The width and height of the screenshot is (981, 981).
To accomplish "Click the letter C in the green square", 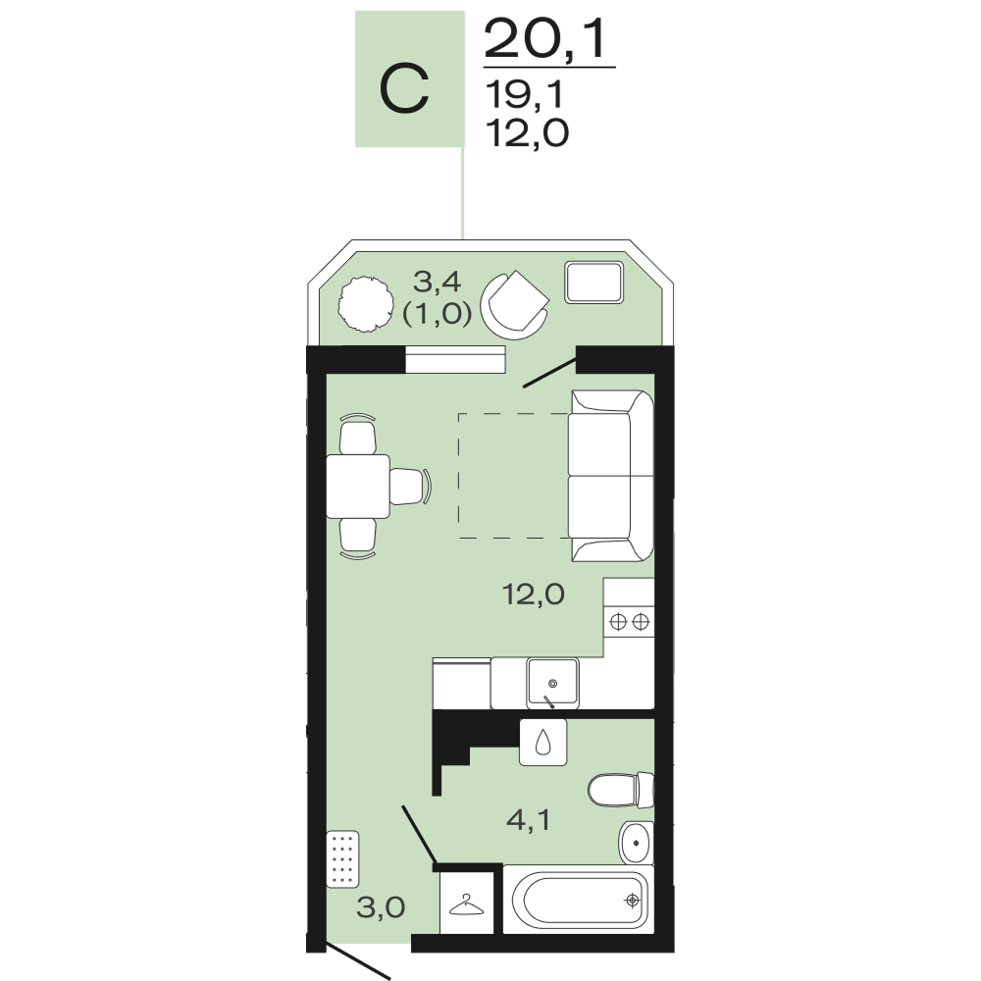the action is point(404,88).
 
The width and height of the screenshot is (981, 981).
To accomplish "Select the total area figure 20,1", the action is point(545,39).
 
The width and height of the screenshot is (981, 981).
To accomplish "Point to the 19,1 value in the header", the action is point(524,95).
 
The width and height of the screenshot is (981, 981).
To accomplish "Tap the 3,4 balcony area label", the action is point(438,283).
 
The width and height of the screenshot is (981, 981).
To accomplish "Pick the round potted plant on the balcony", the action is point(366,305).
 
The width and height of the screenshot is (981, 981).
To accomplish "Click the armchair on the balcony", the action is point(514,305).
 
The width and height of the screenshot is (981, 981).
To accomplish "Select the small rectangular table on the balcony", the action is point(594,283).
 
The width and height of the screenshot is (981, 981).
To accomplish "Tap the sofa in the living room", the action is point(611,476).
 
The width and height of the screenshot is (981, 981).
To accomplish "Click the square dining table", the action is point(358,487).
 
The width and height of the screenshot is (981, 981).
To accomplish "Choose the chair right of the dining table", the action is point(411,487).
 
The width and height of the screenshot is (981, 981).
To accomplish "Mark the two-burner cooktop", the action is point(629,622).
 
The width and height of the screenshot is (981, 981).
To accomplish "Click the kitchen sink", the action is point(552,683).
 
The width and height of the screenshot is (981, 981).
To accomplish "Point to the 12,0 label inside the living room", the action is point(534,594).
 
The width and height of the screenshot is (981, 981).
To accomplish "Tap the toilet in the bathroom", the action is point(621,790).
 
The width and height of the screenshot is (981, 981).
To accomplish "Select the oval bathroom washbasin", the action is point(637,842).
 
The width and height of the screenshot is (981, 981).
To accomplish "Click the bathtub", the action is point(579,900).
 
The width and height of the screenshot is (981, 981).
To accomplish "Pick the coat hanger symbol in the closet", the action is point(469,905).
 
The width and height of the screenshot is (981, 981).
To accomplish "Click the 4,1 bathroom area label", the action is point(529,819).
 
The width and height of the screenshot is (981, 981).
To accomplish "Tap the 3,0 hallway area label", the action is point(381,907).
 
